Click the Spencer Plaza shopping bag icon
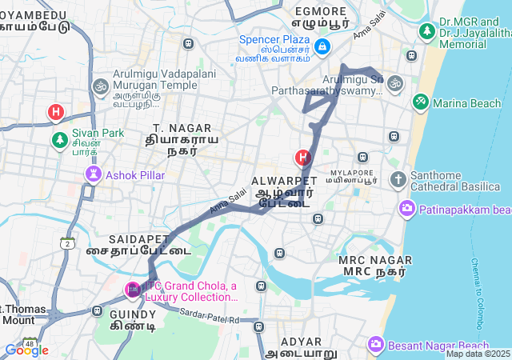click(x=321, y=47)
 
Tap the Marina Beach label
click(x=467, y=103)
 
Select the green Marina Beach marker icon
click(x=420, y=102)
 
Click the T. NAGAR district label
click(x=182, y=128)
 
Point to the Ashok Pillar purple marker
click(x=94, y=174)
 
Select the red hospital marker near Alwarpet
click(x=302, y=158)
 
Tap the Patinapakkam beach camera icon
click(x=406, y=210)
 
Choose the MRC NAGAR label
click(x=375, y=260)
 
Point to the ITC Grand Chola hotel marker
click(x=132, y=290)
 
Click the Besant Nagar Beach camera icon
click(x=376, y=345)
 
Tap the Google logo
click(x=26, y=350)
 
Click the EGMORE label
click(x=321, y=11)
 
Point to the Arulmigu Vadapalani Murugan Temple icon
click(x=100, y=85)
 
